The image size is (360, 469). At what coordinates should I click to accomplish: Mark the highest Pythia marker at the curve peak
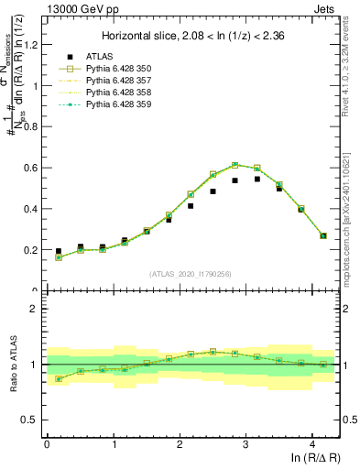[x=235, y=165]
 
